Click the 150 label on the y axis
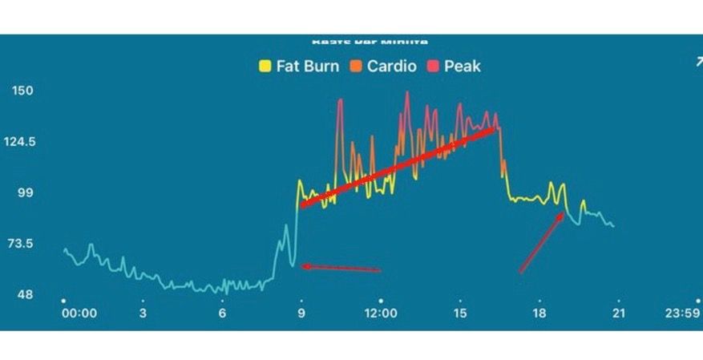(22, 91)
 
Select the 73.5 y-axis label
(22, 244)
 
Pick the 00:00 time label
(79, 313)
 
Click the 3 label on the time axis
(143, 313)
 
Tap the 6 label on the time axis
(222, 313)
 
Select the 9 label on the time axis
(301, 313)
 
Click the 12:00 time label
(381, 313)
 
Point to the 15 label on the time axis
(460, 313)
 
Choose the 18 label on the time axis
(539, 313)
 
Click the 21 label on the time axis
(618, 313)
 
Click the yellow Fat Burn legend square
(265, 67)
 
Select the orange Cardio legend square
(356, 67)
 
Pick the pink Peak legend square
(433, 67)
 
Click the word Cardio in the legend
(392, 67)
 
